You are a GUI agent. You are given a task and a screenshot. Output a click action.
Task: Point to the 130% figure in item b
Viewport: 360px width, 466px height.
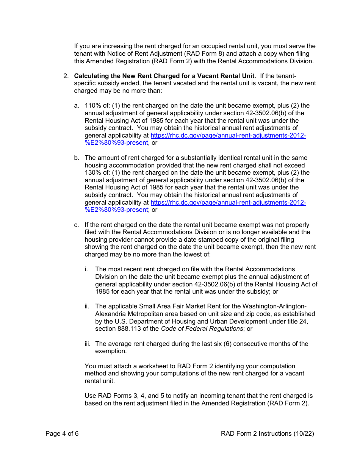[x=92, y=173]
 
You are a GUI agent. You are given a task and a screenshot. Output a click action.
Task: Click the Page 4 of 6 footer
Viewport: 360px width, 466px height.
[x=62, y=433]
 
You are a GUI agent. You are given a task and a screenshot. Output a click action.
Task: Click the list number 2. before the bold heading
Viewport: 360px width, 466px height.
[x=66, y=76]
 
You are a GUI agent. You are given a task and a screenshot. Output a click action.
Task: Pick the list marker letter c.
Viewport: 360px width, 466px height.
[x=77, y=225]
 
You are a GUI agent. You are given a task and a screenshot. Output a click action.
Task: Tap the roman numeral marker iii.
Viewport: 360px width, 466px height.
[x=88, y=344]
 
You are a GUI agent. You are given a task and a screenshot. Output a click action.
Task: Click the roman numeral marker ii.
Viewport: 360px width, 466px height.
[x=87, y=306]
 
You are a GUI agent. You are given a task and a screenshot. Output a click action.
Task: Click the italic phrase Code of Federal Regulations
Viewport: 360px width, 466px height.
[x=202, y=328]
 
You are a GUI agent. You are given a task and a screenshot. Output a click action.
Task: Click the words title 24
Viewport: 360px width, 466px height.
[x=296, y=321]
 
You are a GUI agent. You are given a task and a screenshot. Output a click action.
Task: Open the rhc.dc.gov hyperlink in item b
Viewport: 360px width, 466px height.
[x=228, y=203]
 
